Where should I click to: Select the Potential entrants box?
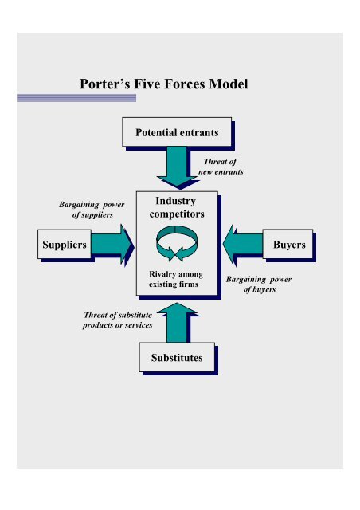[x=177, y=131]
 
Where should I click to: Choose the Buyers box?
[x=288, y=245]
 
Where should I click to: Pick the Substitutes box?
[x=177, y=358]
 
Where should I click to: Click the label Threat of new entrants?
[x=221, y=166]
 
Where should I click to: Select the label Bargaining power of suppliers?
[x=87, y=210]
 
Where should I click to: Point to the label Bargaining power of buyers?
[x=260, y=284]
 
